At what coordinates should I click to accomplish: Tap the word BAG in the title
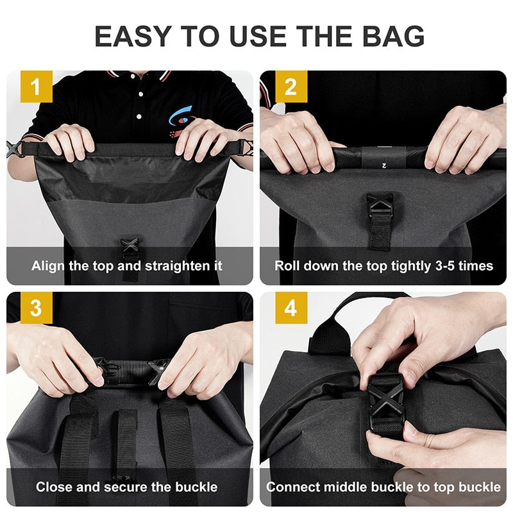tap(393, 36)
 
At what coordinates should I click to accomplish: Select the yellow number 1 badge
tap(37, 87)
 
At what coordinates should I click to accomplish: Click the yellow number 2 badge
tap(291, 87)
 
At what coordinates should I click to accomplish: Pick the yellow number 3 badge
tap(37, 308)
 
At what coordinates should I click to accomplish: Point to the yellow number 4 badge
tap(291, 308)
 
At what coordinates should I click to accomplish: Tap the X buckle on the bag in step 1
tap(130, 246)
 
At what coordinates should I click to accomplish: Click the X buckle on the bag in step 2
tap(380, 205)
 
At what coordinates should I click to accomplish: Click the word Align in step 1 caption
tap(47, 266)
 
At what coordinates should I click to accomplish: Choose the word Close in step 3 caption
tap(54, 487)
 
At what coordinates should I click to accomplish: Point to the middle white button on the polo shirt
tap(140, 94)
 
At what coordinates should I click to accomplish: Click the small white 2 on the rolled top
tap(384, 166)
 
